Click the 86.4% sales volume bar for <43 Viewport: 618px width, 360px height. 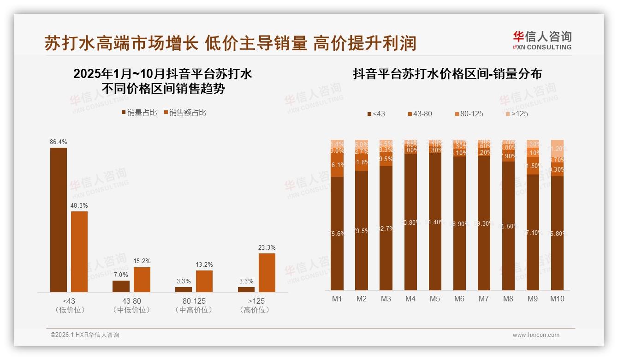tap(58, 220)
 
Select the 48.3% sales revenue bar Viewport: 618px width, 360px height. tap(79, 252)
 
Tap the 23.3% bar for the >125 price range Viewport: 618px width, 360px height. tap(267, 272)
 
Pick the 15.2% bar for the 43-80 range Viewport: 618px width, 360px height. tap(142, 279)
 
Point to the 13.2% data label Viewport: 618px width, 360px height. tap(204, 265)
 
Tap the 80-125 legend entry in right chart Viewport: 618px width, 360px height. tap(469, 114)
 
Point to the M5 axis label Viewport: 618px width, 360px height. tap(434, 299)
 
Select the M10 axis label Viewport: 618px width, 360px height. tap(557, 299)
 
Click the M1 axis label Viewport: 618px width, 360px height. tap(337, 299)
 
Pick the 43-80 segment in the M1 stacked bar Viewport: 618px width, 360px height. tap(337, 165)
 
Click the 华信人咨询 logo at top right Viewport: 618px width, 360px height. tap(542, 41)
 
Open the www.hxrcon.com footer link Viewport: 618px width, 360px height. tap(535, 335)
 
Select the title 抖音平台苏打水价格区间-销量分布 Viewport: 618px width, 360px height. tap(447, 74)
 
